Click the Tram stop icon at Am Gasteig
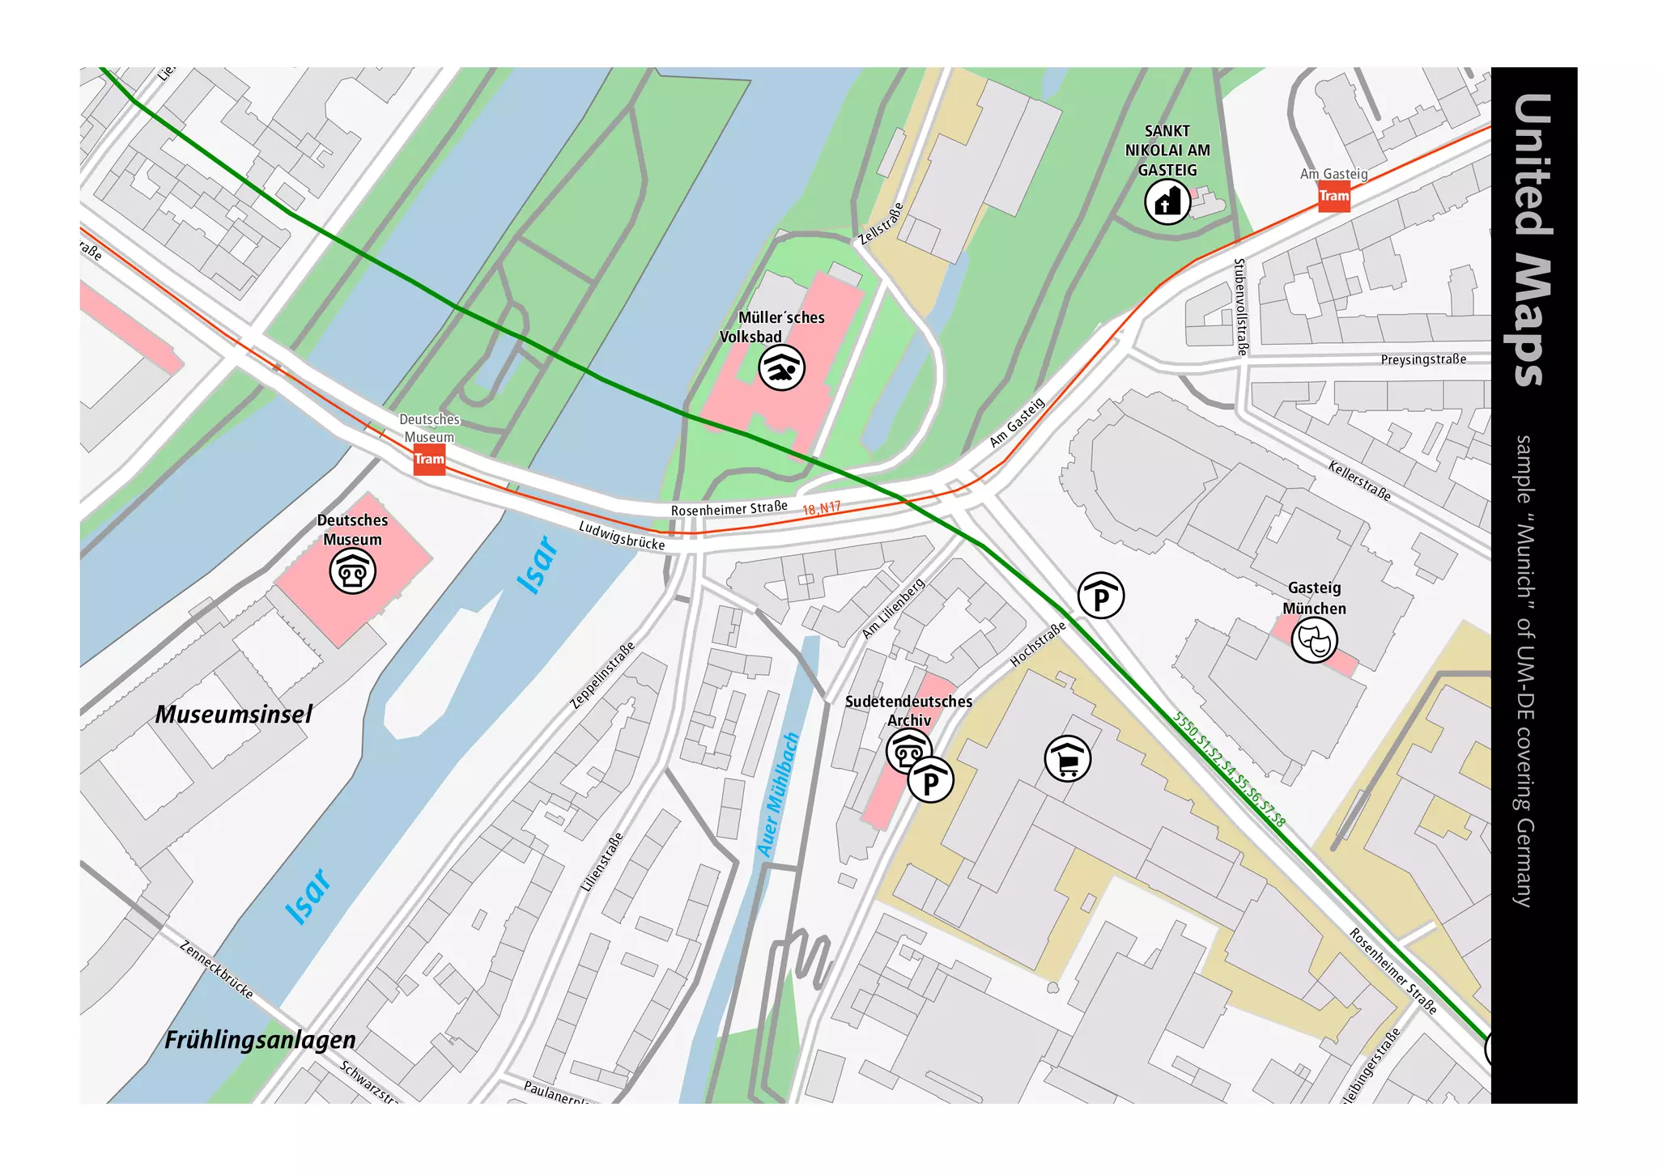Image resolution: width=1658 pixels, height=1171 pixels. click(x=1333, y=197)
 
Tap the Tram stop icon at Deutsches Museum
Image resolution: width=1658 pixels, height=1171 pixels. click(x=429, y=460)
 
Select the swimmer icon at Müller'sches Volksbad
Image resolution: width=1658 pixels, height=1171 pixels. click(x=781, y=368)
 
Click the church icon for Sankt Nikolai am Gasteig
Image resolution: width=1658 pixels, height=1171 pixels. click(x=1167, y=202)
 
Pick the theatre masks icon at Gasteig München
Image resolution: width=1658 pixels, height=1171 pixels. click(x=1313, y=640)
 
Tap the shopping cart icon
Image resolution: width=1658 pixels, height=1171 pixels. click(x=1067, y=759)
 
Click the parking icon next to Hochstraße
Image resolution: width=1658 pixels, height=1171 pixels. click(x=1101, y=596)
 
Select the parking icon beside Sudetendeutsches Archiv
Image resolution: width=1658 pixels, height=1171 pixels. click(x=930, y=780)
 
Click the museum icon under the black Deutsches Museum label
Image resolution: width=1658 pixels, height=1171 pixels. click(x=352, y=571)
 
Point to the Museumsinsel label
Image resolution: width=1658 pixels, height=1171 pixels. click(x=233, y=715)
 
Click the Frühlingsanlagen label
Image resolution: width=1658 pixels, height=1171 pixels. click(x=260, y=1041)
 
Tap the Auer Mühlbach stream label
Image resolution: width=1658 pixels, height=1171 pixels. click(x=778, y=795)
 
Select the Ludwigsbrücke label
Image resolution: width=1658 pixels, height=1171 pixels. click(x=621, y=536)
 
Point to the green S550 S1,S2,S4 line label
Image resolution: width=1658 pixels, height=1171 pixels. click(x=1228, y=769)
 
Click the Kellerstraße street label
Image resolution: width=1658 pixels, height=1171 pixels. click(x=1358, y=480)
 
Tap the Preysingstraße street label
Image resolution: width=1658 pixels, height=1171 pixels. click(x=1422, y=359)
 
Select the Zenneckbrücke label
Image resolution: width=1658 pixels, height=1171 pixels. click(x=216, y=969)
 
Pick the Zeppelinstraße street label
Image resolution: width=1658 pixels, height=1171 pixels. click(x=602, y=676)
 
